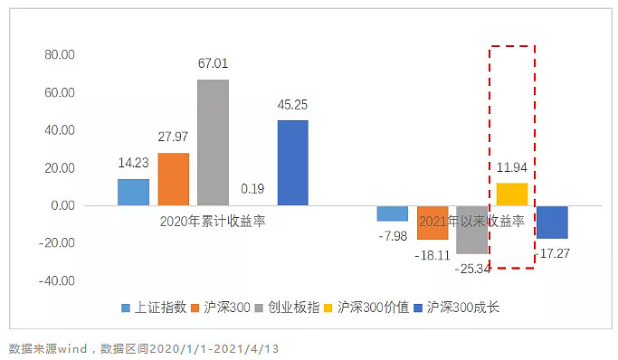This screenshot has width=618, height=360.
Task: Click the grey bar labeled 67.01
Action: [x=213, y=142]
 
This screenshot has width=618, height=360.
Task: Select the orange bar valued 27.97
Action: [x=173, y=179]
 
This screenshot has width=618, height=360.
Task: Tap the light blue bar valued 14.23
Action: [x=133, y=192]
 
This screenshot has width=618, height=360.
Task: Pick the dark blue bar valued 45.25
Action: [x=292, y=163]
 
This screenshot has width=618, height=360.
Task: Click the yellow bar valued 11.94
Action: [x=511, y=194]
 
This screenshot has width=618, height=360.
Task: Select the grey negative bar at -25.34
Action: [x=471, y=230]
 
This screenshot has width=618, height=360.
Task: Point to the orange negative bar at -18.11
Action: [x=433, y=223]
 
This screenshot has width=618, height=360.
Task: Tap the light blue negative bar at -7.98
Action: [x=393, y=213]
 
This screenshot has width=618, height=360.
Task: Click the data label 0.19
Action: [x=252, y=189]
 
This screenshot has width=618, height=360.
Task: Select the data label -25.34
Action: [x=472, y=269]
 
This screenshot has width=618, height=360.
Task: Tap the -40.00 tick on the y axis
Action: [x=57, y=281]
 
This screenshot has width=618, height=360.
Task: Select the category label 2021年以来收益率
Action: [x=471, y=220]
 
